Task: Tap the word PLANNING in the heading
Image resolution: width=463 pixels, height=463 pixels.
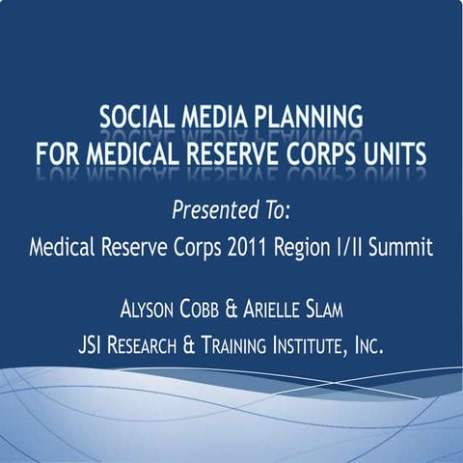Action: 312,120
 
